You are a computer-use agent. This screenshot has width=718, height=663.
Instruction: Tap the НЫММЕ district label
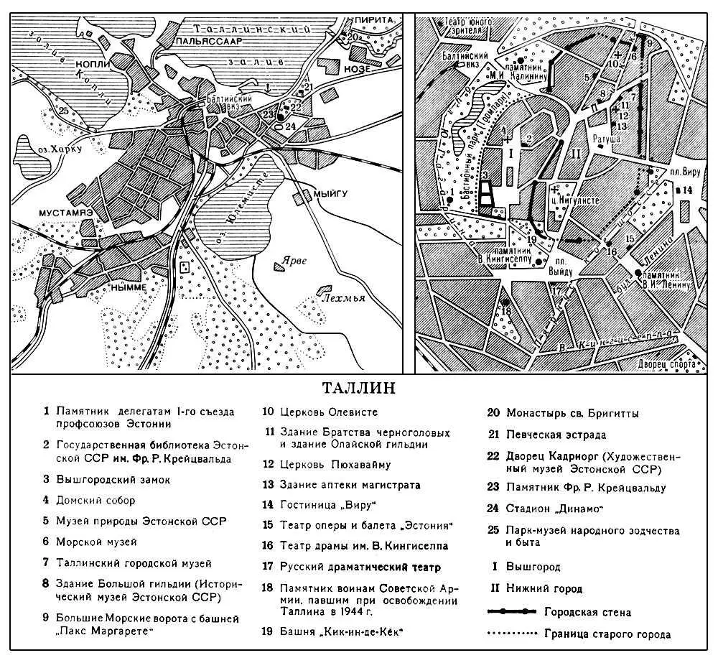129,286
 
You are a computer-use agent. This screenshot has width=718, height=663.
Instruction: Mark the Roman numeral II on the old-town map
574,154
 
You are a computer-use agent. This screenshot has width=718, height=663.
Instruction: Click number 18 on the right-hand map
507,311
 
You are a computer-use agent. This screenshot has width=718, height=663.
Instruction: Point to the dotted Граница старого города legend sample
512,634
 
